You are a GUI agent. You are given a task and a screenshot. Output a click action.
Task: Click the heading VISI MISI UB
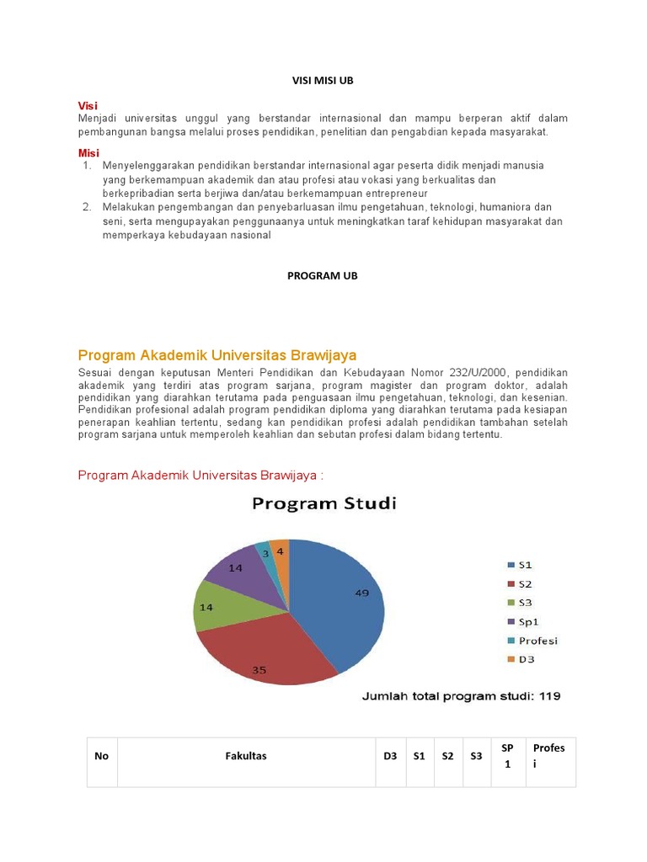click(x=323, y=79)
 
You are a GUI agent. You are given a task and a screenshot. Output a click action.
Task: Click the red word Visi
click(x=88, y=104)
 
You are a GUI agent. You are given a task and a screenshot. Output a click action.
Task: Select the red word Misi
click(x=88, y=152)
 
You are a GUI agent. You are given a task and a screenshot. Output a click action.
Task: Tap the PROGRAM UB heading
click(x=323, y=275)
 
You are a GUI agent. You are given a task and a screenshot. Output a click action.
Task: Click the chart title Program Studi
click(x=323, y=504)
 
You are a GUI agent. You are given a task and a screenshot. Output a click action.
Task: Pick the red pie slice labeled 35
click(x=265, y=652)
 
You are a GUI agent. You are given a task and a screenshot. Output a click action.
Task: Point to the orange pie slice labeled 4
click(x=281, y=552)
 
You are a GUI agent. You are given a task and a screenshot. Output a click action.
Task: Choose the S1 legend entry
click(x=520, y=564)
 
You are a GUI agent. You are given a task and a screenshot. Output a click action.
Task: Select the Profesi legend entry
click(x=532, y=640)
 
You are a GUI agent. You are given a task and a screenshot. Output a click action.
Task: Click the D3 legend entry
click(x=520, y=659)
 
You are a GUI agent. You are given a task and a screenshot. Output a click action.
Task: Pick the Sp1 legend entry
click(x=522, y=621)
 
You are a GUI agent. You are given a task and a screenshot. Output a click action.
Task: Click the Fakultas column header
click(x=246, y=756)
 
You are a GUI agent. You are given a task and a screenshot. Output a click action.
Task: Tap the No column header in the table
click(x=102, y=756)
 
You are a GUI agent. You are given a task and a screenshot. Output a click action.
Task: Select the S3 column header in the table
click(x=476, y=756)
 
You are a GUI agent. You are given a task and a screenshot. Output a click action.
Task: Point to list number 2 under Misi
click(x=87, y=206)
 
